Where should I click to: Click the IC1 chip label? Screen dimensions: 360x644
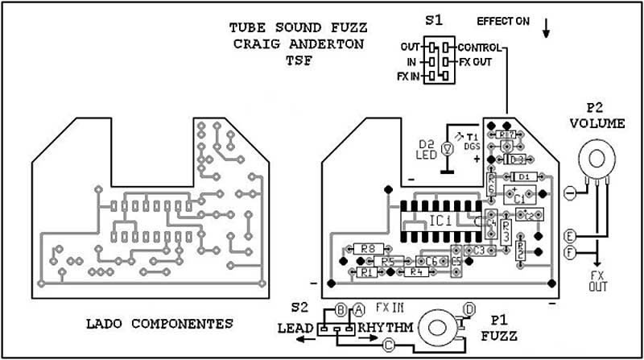[440, 220]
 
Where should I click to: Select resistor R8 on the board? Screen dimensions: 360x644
[369, 249]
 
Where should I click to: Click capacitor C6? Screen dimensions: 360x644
[431, 262]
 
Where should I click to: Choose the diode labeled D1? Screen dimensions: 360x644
[523, 176]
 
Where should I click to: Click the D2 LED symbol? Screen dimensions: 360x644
[449, 148]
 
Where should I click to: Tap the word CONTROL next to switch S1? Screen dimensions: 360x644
[481, 48]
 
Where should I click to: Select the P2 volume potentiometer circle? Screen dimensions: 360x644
[594, 155]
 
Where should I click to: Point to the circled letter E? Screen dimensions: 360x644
[570, 237]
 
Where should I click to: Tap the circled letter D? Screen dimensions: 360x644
[470, 308]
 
